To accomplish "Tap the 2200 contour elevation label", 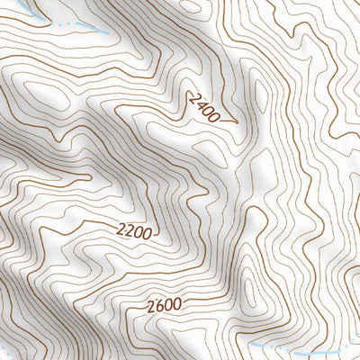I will pyautogui.click(x=135, y=230).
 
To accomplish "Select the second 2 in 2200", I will pyautogui.click(x=130, y=230).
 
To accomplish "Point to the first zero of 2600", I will pyautogui.click(x=166, y=305).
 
